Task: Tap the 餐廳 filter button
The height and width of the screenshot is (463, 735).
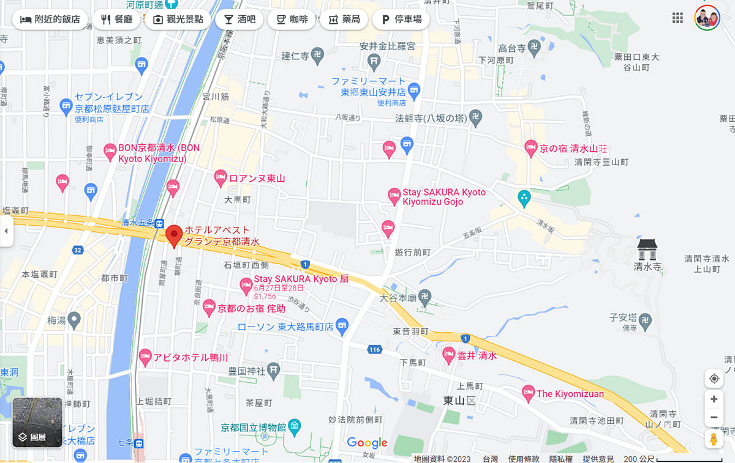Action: point(117,19)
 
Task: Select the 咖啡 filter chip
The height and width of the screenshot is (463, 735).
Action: point(292,19)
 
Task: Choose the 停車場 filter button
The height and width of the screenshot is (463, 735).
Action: point(401,19)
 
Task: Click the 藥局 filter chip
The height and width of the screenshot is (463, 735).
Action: point(344,19)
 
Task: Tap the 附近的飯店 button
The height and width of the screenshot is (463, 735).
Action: point(50,19)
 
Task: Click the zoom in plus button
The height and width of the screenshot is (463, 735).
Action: point(714,399)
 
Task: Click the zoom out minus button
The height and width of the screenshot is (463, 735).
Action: point(714,417)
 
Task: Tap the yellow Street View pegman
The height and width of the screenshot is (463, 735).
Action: point(714,439)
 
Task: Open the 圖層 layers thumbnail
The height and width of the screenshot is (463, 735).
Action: point(37,423)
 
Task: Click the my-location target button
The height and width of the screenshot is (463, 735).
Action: point(714,379)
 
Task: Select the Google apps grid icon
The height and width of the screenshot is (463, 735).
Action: point(677,18)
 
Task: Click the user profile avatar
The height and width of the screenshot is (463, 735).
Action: point(707,18)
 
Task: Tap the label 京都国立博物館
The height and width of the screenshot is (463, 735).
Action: point(253,426)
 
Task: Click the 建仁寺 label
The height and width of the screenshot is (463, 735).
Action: point(296,56)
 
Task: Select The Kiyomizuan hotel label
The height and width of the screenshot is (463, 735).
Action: point(570,394)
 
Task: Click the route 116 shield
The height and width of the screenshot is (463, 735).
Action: point(375,349)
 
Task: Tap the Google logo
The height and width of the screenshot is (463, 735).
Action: point(367,442)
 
